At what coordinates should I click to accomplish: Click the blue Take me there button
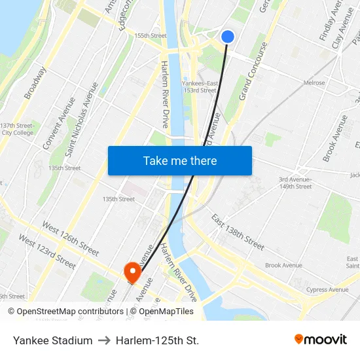[x=180, y=160]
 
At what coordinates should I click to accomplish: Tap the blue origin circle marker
[x=228, y=37]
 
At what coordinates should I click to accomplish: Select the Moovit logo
[x=321, y=340]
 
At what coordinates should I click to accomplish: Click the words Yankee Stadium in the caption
[x=52, y=340]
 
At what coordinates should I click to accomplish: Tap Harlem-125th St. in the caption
[x=157, y=340]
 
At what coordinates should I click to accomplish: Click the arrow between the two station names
[x=104, y=340]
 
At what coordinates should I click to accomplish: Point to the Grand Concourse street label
[x=253, y=71]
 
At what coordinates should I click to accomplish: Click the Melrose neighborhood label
[x=314, y=83]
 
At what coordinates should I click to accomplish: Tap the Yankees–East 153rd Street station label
[x=199, y=87]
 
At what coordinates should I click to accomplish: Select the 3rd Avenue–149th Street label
[x=295, y=183]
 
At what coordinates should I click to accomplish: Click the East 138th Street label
[x=238, y=232]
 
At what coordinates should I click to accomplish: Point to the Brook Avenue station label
[x=283, y=265]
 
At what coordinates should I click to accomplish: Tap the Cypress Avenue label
[x=327, y=289]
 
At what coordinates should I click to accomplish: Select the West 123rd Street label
[x=47, y=251]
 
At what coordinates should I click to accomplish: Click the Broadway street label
[x=35, y=83]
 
